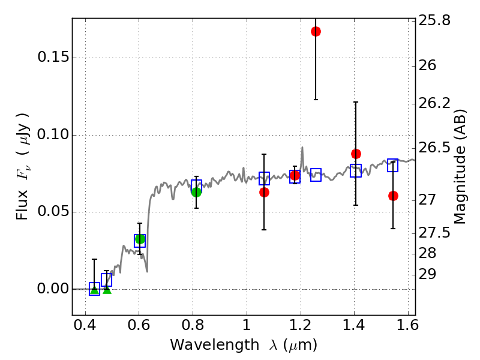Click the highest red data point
tap(316, 31)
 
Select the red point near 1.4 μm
tap(356, 154)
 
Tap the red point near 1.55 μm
tap(393, 196)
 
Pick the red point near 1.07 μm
tap(264, 192)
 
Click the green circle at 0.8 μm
tap(196, 191)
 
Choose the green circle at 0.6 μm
tap(140, 239)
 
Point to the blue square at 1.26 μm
tap(316, 175)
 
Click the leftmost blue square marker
tap(94, 289)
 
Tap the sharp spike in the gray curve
tap(302, 148)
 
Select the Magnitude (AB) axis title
tap(461, 166)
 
